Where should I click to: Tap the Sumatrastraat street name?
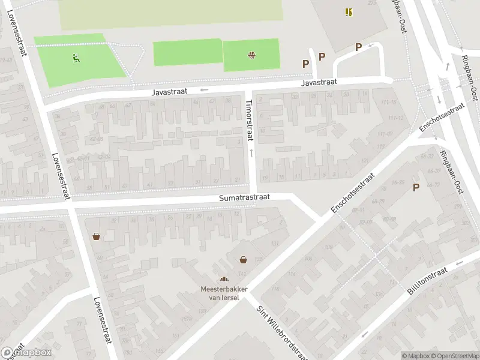(245, 197)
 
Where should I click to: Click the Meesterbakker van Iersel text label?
(224, 292)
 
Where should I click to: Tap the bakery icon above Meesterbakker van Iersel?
(224, 279)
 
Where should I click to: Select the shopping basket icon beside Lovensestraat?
(96, 236)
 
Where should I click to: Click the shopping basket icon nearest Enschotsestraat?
(244, 260)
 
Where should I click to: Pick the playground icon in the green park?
(76, 58)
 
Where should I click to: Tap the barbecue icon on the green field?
(251, 56)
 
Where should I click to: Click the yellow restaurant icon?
(349, 11)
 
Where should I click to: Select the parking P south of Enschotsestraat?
(416, 188)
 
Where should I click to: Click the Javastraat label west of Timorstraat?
(170, 91)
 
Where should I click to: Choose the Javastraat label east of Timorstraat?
(319, 82)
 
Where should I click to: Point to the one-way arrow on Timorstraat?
(251, 153)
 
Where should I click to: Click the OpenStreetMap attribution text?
(454, 356)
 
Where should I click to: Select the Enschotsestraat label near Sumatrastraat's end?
(353, 194)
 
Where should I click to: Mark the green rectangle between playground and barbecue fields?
(188, 53)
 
